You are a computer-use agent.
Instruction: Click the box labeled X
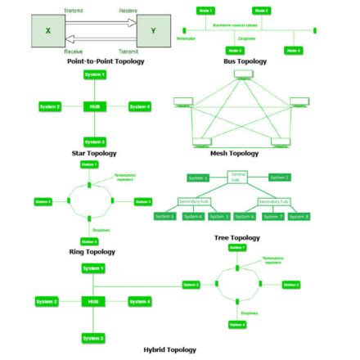click(47, 30)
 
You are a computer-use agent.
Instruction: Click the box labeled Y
click(154, 30)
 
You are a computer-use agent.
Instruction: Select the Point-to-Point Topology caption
click(106, 61)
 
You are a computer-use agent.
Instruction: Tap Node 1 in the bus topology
click(205, 11)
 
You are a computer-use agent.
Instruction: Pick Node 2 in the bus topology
click(262, 11)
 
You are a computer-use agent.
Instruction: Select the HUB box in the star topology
click(94, 106)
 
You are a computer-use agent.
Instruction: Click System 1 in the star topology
click(94, 74)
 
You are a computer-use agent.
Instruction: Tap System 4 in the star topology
click(139, 106)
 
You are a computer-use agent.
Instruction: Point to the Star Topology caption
click(94, 153)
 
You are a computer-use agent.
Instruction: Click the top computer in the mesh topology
click(244, 75)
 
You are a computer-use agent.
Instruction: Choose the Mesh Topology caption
click(234, 153)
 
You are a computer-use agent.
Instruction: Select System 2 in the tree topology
click(279, 177)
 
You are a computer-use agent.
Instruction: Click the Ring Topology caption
click(92, 251)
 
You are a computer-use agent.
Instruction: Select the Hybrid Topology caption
click(169, 349)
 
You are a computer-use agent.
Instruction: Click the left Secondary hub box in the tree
click(194, 200)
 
